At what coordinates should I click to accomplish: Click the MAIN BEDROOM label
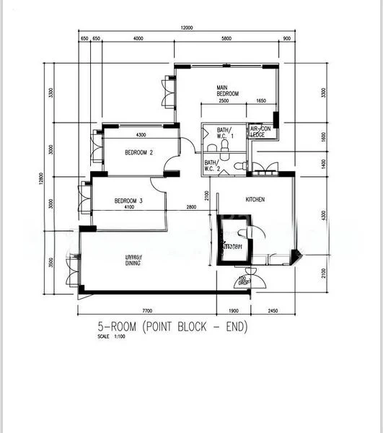(x=228, y=91)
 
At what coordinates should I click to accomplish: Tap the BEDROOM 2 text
(x=138, y=153)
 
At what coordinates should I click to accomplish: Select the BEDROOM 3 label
(x=129, y=201)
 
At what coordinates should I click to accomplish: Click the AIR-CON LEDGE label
(x=260, y=131)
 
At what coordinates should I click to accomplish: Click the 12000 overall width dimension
(x=187, y=28)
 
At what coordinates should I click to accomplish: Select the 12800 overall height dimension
(x=42, y=178)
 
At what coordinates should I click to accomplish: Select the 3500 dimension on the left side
(x=51, y=261)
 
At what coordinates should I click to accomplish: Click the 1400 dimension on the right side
(x=323, y=164)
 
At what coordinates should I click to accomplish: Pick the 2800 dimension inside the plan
(x=192, y=208)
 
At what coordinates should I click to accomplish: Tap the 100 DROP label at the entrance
(x=243, y=281)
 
